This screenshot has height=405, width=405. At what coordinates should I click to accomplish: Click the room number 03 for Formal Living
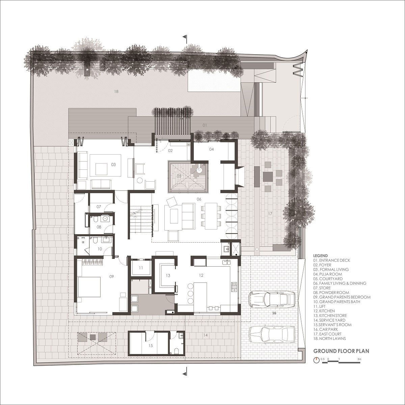[x=113, y=165]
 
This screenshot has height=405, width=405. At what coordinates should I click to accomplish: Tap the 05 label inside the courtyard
[x=179, y=176]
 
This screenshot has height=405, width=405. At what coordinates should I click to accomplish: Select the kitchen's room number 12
[x=201, y=275]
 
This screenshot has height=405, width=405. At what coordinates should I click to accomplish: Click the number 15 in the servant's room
[x=151, y=345]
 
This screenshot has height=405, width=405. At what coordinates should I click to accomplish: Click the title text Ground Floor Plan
[x=341, y=351]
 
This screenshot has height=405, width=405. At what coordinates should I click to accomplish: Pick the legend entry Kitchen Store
[x=330, y=316]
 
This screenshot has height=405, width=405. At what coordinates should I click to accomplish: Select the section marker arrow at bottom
[x=184, y=374]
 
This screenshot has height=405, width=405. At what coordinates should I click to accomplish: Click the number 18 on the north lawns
[x=116, y=91]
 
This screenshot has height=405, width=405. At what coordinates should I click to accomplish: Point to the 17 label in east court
[x=270, y=214]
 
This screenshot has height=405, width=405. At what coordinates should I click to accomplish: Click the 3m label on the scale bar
[x=359, y=359]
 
